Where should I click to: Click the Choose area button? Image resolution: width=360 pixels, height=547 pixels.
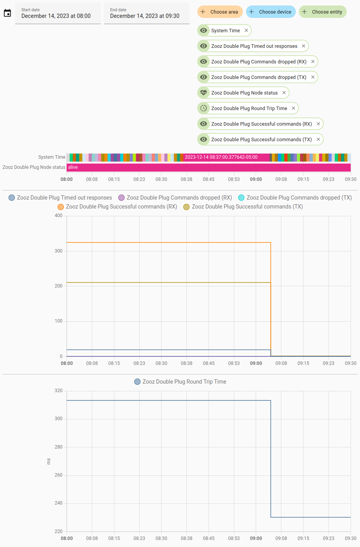coord(220,12)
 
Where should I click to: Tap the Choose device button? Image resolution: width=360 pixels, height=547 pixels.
coord(271,12)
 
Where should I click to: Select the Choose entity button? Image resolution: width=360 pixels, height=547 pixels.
coord(323,12)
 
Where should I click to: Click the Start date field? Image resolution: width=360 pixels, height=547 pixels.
coord(58,14)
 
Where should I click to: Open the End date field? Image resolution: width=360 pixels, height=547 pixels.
coord(146,14)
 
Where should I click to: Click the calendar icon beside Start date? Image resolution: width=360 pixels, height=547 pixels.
coord(7,13)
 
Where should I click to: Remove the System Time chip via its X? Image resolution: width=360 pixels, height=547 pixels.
coord(246,30)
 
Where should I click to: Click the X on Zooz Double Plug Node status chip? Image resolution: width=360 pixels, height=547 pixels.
coord(284,93)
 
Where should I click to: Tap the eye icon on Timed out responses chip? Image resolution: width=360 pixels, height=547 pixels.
coord(204,46)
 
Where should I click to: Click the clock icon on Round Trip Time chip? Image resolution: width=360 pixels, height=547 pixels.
coord(204,108)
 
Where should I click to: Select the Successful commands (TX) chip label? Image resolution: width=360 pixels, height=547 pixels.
coord(261,139)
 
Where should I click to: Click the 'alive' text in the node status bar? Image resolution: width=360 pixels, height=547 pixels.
coord(73,167)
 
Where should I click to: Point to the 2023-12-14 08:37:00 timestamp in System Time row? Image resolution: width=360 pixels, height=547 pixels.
coord(221,157)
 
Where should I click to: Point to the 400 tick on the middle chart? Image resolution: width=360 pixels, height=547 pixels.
coord(58,216)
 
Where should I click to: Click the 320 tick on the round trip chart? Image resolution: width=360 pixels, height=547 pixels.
coord(58,391)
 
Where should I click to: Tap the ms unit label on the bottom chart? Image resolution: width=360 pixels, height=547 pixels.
coord(49,461)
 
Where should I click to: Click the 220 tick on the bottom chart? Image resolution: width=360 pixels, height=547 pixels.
coord(58,531)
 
